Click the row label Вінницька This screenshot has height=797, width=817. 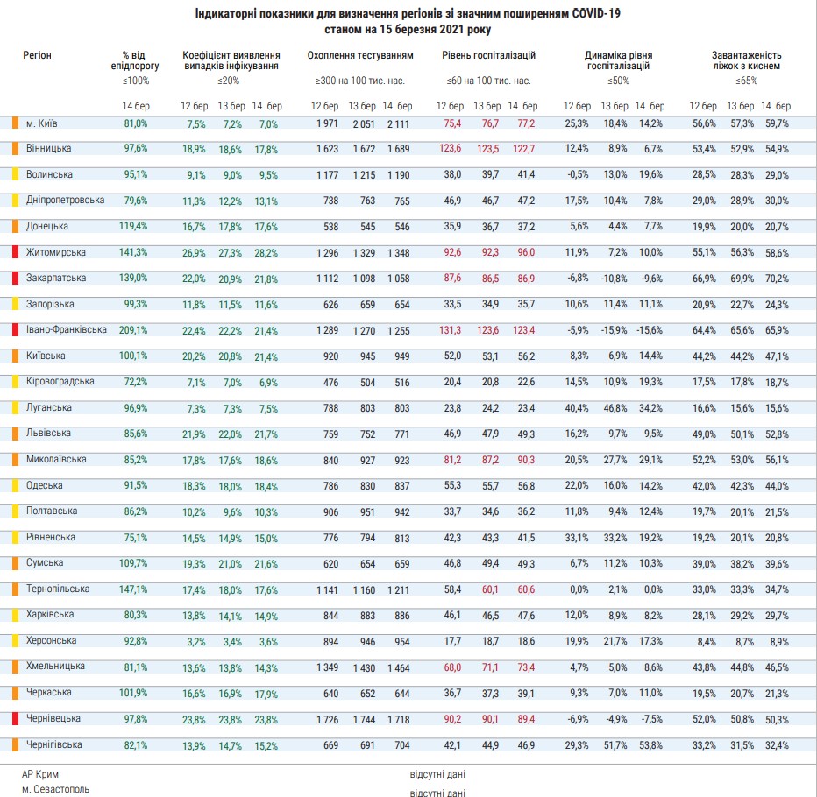[48, 148]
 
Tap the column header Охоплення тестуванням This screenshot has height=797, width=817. [360, 55]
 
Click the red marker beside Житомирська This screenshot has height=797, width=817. [15, 252]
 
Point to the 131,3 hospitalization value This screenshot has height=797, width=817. [450, 330]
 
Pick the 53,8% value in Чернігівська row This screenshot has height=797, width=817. [650, 745]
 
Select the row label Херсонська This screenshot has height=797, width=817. [50, 640]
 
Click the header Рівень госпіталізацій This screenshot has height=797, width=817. [488, 55]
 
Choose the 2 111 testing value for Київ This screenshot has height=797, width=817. [398, 123]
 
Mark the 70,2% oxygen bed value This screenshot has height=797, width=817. [776, 279]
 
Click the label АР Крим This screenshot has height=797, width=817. [42, 774]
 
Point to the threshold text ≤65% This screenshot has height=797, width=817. [747, 81]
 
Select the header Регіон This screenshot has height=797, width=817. [37, 55]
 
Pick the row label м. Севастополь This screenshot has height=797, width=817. [55, 789]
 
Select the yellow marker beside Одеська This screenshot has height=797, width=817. [15, 485]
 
